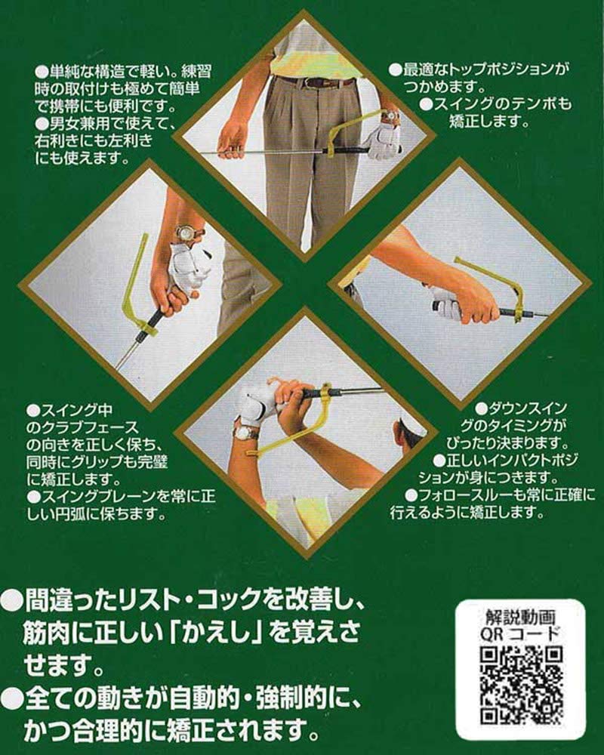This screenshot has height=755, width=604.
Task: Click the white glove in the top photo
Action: [383, 140]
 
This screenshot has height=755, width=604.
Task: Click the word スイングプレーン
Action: [97, 497]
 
